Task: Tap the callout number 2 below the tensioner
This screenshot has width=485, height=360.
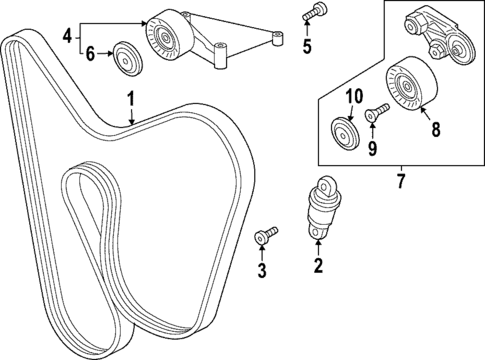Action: point(318,265)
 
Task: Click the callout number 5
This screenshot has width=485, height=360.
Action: point(306,46)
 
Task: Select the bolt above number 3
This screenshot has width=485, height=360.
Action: point(265,236)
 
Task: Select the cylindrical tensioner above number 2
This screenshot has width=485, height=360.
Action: point(322,208)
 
